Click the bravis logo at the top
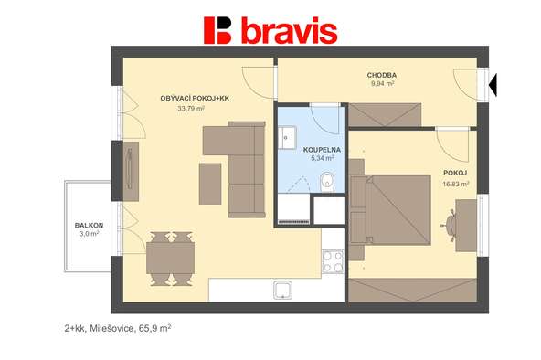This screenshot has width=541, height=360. point(270,30)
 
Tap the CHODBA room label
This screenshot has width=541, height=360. point(382,75)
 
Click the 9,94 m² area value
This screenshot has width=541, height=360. point(382,84)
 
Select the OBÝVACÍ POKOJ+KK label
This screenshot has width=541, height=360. point(195,99)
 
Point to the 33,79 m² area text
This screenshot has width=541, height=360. point(191,109)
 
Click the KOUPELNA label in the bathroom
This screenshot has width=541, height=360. point(322,150)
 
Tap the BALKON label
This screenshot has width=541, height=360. point(89,226)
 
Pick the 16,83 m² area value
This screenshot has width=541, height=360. point(456,185)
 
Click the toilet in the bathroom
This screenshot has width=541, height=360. point(327,182)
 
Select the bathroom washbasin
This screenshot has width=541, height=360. point(287,138)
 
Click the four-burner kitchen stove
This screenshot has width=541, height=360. point(333,261)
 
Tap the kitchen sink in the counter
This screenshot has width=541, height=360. point(283,290)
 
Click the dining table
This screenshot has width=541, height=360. point(170,259)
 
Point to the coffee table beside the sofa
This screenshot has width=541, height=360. point(210,184)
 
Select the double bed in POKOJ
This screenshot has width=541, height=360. point(390,209)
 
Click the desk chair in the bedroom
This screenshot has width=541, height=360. point(450,225)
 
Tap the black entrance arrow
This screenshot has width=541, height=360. point(493,85)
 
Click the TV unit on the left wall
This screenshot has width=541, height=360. point(131,172)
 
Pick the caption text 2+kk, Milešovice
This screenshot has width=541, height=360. point(99,329)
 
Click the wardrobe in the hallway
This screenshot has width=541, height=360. point(385,115)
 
